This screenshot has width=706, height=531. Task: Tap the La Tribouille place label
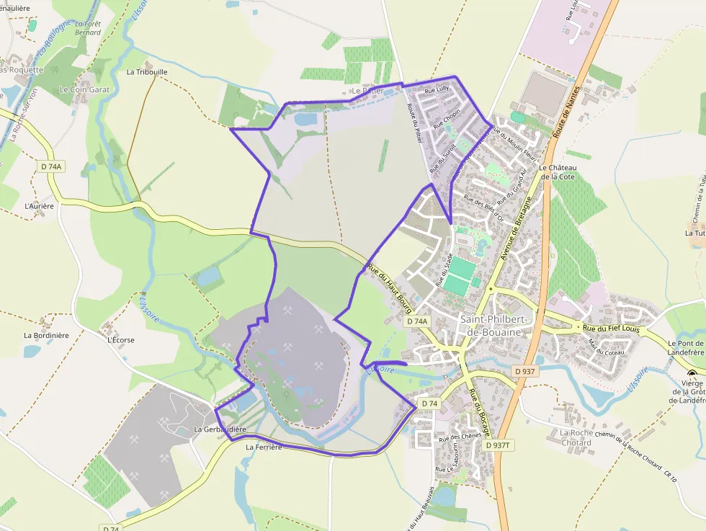tap(147, 72)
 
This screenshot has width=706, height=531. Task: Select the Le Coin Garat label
tap(84, 90)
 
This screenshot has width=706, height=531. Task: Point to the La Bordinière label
tap(46, 335)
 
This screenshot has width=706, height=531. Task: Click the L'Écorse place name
tap(120, 339)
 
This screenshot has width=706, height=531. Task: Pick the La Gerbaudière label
tap(220, 429)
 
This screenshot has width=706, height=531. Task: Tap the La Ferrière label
tap(263, 447)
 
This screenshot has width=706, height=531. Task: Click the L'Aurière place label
tap(39, 206)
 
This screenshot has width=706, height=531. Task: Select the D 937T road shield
tap(497, 445)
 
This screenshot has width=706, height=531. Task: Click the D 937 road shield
tap(526, 371)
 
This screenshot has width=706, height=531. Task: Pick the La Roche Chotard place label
tap(576, 437)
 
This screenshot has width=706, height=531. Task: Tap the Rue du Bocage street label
tap(479, 413)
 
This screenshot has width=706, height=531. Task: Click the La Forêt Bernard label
tap(87, 28)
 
